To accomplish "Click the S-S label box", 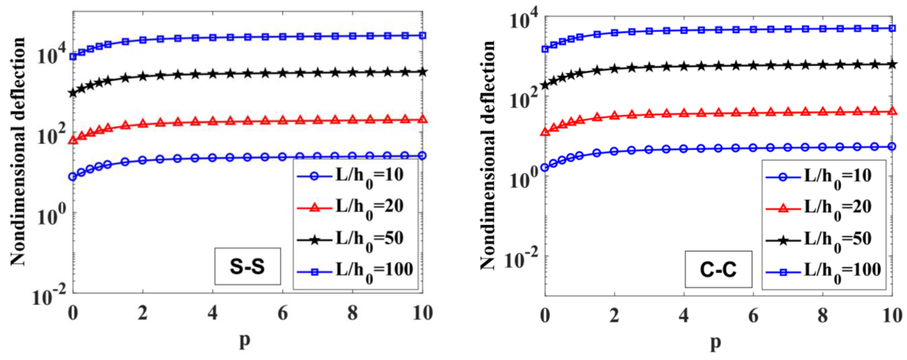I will (247, 266).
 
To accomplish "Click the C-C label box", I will (718, 270).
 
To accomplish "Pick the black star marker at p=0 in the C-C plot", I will (545, 85).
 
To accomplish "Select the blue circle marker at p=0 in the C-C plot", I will (545, 168).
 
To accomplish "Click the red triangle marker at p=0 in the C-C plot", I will (545, 132).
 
